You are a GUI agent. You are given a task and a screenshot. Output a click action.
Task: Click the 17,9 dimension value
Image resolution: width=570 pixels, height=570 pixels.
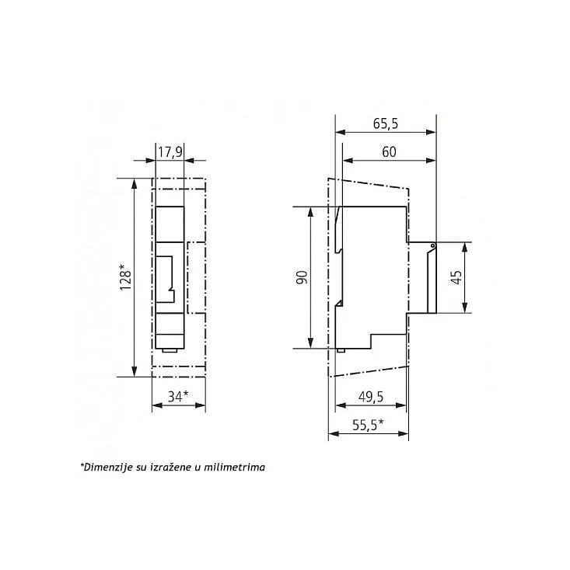coord(170,151)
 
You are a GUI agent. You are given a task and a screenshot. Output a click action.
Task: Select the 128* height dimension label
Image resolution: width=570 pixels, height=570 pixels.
coord(125,277)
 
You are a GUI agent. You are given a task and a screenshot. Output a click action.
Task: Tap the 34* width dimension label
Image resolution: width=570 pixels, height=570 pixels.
coord(178,396)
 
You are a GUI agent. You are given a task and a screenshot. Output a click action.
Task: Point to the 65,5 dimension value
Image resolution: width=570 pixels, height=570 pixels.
coord(386,123)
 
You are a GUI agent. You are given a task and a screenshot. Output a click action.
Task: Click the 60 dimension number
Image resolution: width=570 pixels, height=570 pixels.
coord(389,151)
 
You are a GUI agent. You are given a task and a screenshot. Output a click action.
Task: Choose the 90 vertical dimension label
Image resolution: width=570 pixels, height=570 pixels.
coord(302,277)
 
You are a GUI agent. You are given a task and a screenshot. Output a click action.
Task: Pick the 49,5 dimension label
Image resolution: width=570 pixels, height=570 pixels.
coord(371,397)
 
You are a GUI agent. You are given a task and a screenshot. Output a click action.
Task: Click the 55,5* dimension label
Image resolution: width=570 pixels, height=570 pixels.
coord(368,425)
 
